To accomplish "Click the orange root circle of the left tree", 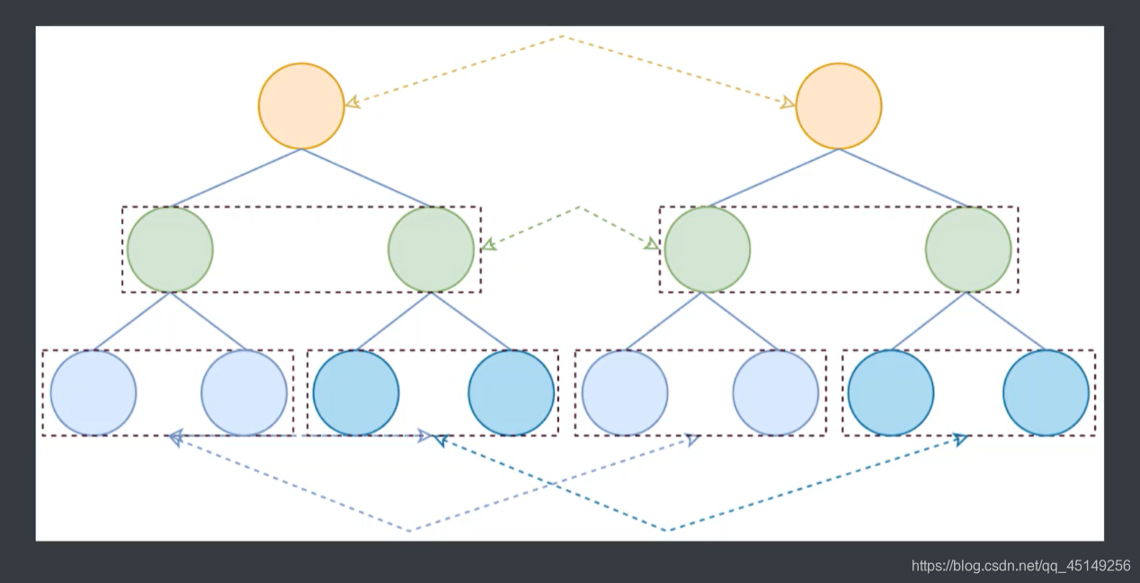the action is [301, 106].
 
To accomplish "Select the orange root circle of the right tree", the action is [839, 106].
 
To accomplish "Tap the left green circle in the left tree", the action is [170, 249].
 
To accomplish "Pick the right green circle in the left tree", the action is [432, 249].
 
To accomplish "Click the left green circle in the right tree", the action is [707, 249].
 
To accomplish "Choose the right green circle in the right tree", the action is [968, 249].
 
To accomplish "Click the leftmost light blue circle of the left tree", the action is [94, 392].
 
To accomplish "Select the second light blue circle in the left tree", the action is [244, 392].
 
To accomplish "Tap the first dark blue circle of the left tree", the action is [356, 392].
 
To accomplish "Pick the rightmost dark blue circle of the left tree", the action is [511, 392].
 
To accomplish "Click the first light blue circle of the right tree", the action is [625, 392].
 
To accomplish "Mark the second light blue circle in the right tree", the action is [775, 392].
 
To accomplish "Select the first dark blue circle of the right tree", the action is [891, 392].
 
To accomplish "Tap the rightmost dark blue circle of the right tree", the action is [1046, 392].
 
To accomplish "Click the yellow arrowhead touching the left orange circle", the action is [352, 103].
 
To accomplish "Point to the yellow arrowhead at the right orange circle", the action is [788, 103].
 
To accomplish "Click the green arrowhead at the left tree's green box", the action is [488, 245].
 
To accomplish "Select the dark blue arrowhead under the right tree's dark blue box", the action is [960, 439].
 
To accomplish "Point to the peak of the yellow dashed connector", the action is [563, 37].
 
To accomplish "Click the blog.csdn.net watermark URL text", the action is [1020, 566].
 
